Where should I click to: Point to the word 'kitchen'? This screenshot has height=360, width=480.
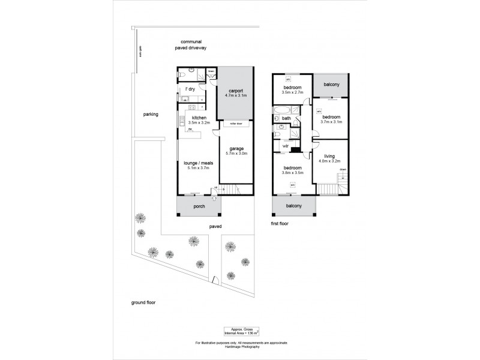(199, 118)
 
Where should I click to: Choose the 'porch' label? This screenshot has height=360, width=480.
(199, 207)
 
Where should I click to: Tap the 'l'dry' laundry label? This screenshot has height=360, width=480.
(189, 89)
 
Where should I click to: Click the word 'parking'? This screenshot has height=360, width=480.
(150, 114)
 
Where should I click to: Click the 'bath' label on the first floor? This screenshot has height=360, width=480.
(286, 118)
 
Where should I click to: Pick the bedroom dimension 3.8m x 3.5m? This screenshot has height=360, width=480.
(293, 172)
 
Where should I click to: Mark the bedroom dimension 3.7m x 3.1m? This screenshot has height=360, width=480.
(331, 122)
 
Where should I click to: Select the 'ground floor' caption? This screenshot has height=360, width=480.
(143, 302)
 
